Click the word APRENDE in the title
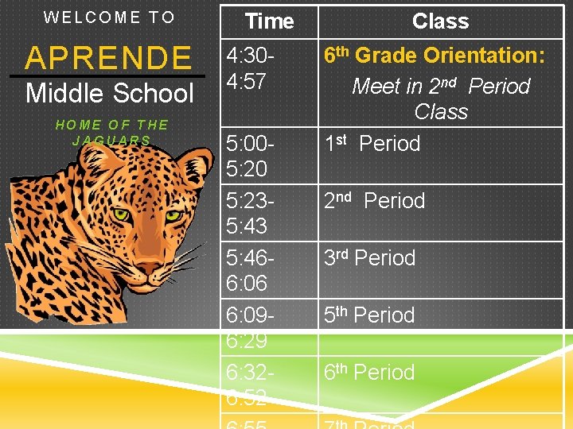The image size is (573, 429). pyautogui.click(x=108, y=58)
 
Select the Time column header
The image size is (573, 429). pyautogui.click(x=269, y=21)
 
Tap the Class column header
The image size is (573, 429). pyautogui.click(x=440, y=21)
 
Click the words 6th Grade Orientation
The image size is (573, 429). pyautogui.click(x=434, y=56)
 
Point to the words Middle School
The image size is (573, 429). pyautogui.click(x=110, y=94)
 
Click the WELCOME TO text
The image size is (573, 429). pyautogui.click(x=109, y=17)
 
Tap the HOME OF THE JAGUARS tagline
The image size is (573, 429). pyautogui.click(x=111, y=132)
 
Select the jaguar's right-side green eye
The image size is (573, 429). pyautogui.click(x=173, y=215)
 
